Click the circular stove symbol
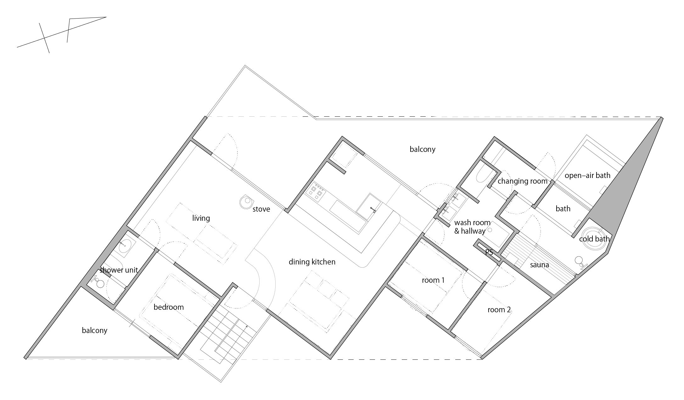click(x=247, y=201)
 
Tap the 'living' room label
click(x=201, y=218)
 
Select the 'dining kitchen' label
click(x=312, y=262)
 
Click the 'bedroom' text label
click(x=169, y=307)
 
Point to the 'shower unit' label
click(x=119, y=270)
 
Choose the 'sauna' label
click(x=540, y=265)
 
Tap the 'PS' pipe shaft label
click(x=489, y=253)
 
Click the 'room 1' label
click(x=433, y=280)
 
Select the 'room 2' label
click(x=499, y=310)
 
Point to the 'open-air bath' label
click(x=587, y=175)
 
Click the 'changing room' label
click(x=523, y=181)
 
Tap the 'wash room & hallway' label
click(x=472, y=227)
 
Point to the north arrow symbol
click(x=61, y=35)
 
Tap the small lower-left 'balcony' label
click(x=94, y=331)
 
